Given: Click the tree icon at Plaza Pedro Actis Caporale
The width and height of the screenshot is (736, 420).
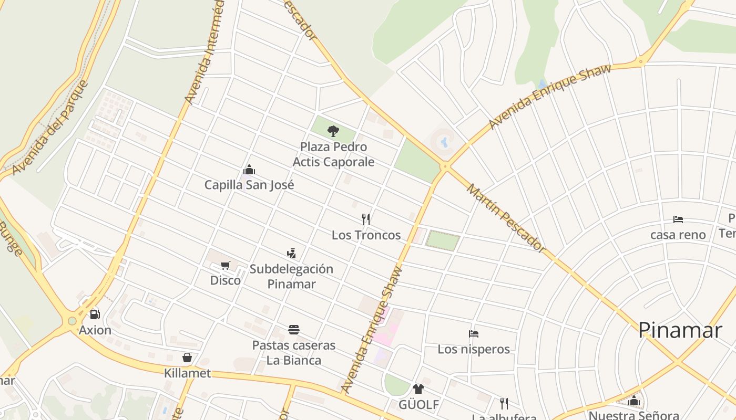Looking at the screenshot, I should point(333,131).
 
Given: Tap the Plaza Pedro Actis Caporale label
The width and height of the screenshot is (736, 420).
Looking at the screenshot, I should point(333,154).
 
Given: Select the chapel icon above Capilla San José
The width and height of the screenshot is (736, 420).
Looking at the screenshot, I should point(249,170).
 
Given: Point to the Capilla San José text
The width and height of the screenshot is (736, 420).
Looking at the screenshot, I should point(249,185).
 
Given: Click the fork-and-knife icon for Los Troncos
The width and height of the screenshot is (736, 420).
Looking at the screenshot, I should point(366,219).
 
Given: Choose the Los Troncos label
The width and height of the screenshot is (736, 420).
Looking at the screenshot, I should point(366,235).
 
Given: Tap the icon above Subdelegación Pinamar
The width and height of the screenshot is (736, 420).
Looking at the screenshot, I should point(291,254).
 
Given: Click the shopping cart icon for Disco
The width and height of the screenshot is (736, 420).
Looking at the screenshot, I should point(226,265).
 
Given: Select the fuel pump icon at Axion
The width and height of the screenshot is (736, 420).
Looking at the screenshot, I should point(95,314).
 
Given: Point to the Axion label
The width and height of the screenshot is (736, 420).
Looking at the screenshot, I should point(95,330).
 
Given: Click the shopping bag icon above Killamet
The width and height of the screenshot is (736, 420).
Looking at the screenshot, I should point(187,358).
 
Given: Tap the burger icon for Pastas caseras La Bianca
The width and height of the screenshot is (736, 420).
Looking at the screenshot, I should point(294,330).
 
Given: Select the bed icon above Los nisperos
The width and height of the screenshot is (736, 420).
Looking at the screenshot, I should point(474,334).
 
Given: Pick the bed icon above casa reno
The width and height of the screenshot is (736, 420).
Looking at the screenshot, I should point(678,219).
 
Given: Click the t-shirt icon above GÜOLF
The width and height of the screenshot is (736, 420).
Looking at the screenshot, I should point(418,389).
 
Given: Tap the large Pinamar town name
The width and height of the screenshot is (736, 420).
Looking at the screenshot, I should point(680,330).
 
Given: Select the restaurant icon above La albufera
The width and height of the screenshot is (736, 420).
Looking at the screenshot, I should point(504,403).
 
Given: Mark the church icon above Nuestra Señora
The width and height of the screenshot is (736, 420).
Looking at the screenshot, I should point(633,401).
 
